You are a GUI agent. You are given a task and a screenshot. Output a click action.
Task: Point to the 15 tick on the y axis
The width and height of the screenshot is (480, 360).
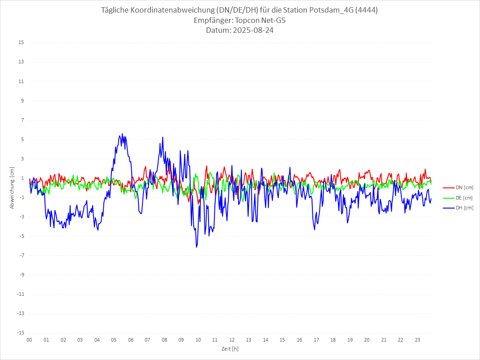[21, 43]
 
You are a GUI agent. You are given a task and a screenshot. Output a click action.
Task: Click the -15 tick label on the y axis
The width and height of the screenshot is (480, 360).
[20, 333]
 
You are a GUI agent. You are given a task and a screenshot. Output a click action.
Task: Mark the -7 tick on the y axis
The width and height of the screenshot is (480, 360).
[21, 255]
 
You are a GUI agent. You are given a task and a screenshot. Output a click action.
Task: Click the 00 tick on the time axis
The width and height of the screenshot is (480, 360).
[29, 340]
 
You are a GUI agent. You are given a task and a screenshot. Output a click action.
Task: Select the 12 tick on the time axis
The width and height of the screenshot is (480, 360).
[232, 340]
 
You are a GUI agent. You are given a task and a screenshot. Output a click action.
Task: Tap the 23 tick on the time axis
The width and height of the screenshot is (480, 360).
[418, 340]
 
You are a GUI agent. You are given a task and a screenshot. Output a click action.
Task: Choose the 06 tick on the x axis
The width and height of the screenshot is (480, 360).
[130, 340]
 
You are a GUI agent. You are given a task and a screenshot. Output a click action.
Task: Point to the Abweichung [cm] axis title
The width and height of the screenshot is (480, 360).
[12, 187]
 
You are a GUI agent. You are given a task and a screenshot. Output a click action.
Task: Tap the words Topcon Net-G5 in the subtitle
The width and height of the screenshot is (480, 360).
[260, 20]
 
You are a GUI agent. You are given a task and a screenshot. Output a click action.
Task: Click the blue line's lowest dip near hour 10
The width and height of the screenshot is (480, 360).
[196, 247]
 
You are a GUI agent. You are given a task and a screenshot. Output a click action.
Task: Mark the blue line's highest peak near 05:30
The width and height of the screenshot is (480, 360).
[122, 134]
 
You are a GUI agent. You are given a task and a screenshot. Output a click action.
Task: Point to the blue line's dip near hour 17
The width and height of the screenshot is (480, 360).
[315, 229]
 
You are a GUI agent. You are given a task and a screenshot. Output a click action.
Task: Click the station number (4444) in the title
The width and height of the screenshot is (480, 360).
[366, 10]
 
